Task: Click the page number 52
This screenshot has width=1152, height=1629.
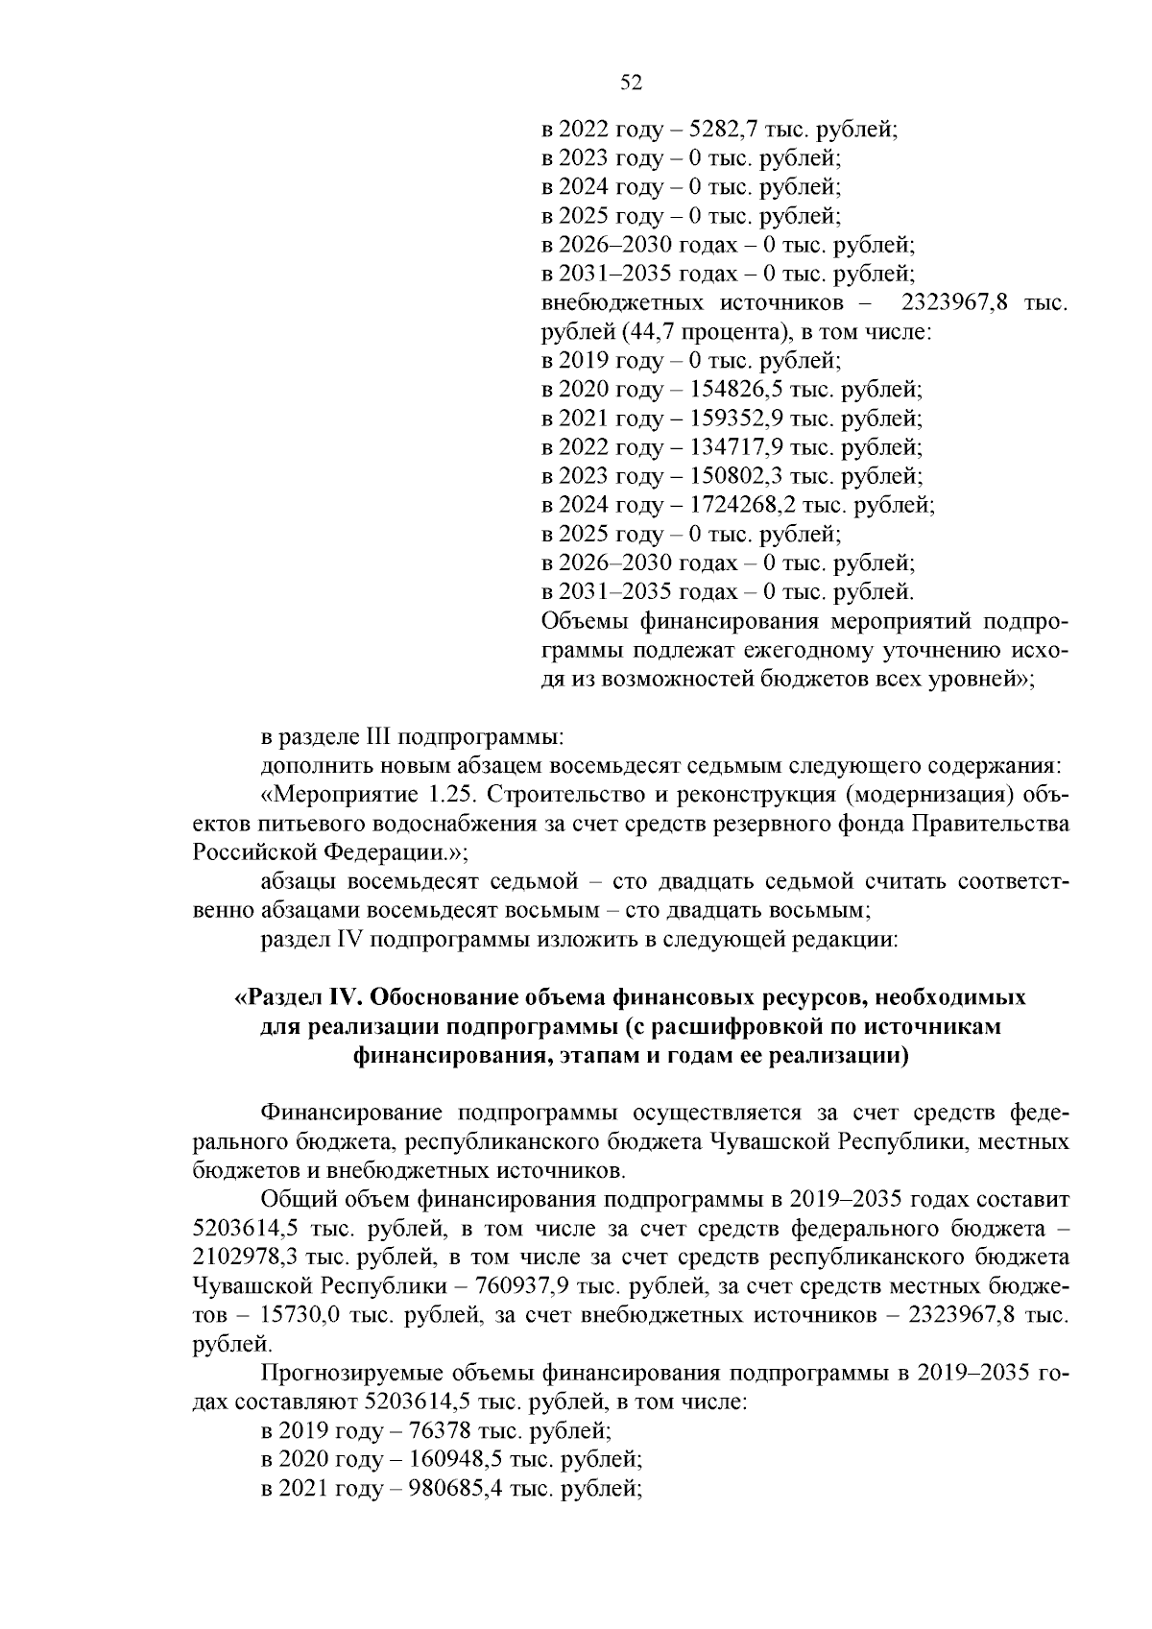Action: [631, 84]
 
